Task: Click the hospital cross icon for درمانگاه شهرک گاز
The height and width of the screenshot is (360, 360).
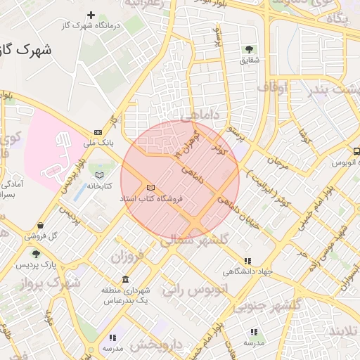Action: [x=91, y=15]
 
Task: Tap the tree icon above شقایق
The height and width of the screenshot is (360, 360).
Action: [x=249, y=49]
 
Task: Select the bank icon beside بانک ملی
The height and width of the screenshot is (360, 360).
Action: [x=98, y=132]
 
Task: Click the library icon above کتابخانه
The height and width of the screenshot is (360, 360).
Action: [x=99, y=174]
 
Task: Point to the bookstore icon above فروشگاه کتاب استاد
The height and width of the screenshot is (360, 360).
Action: [x=150, y=188]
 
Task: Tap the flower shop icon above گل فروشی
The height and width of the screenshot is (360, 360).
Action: [x=41, y=225]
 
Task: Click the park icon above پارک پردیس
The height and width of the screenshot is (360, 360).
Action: [x=37, y=254]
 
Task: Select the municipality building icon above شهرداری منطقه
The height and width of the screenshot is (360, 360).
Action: [x=125, y=280]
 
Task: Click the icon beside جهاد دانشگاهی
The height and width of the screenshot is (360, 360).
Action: [x=246, y=261]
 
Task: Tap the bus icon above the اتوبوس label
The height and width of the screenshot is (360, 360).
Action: [x=356, y=151]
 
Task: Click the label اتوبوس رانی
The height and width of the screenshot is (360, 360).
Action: [x=195, y=288]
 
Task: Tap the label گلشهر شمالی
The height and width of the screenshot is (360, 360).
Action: [x=195, y=240]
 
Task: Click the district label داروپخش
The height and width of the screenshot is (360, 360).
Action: [x=156, y=345]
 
